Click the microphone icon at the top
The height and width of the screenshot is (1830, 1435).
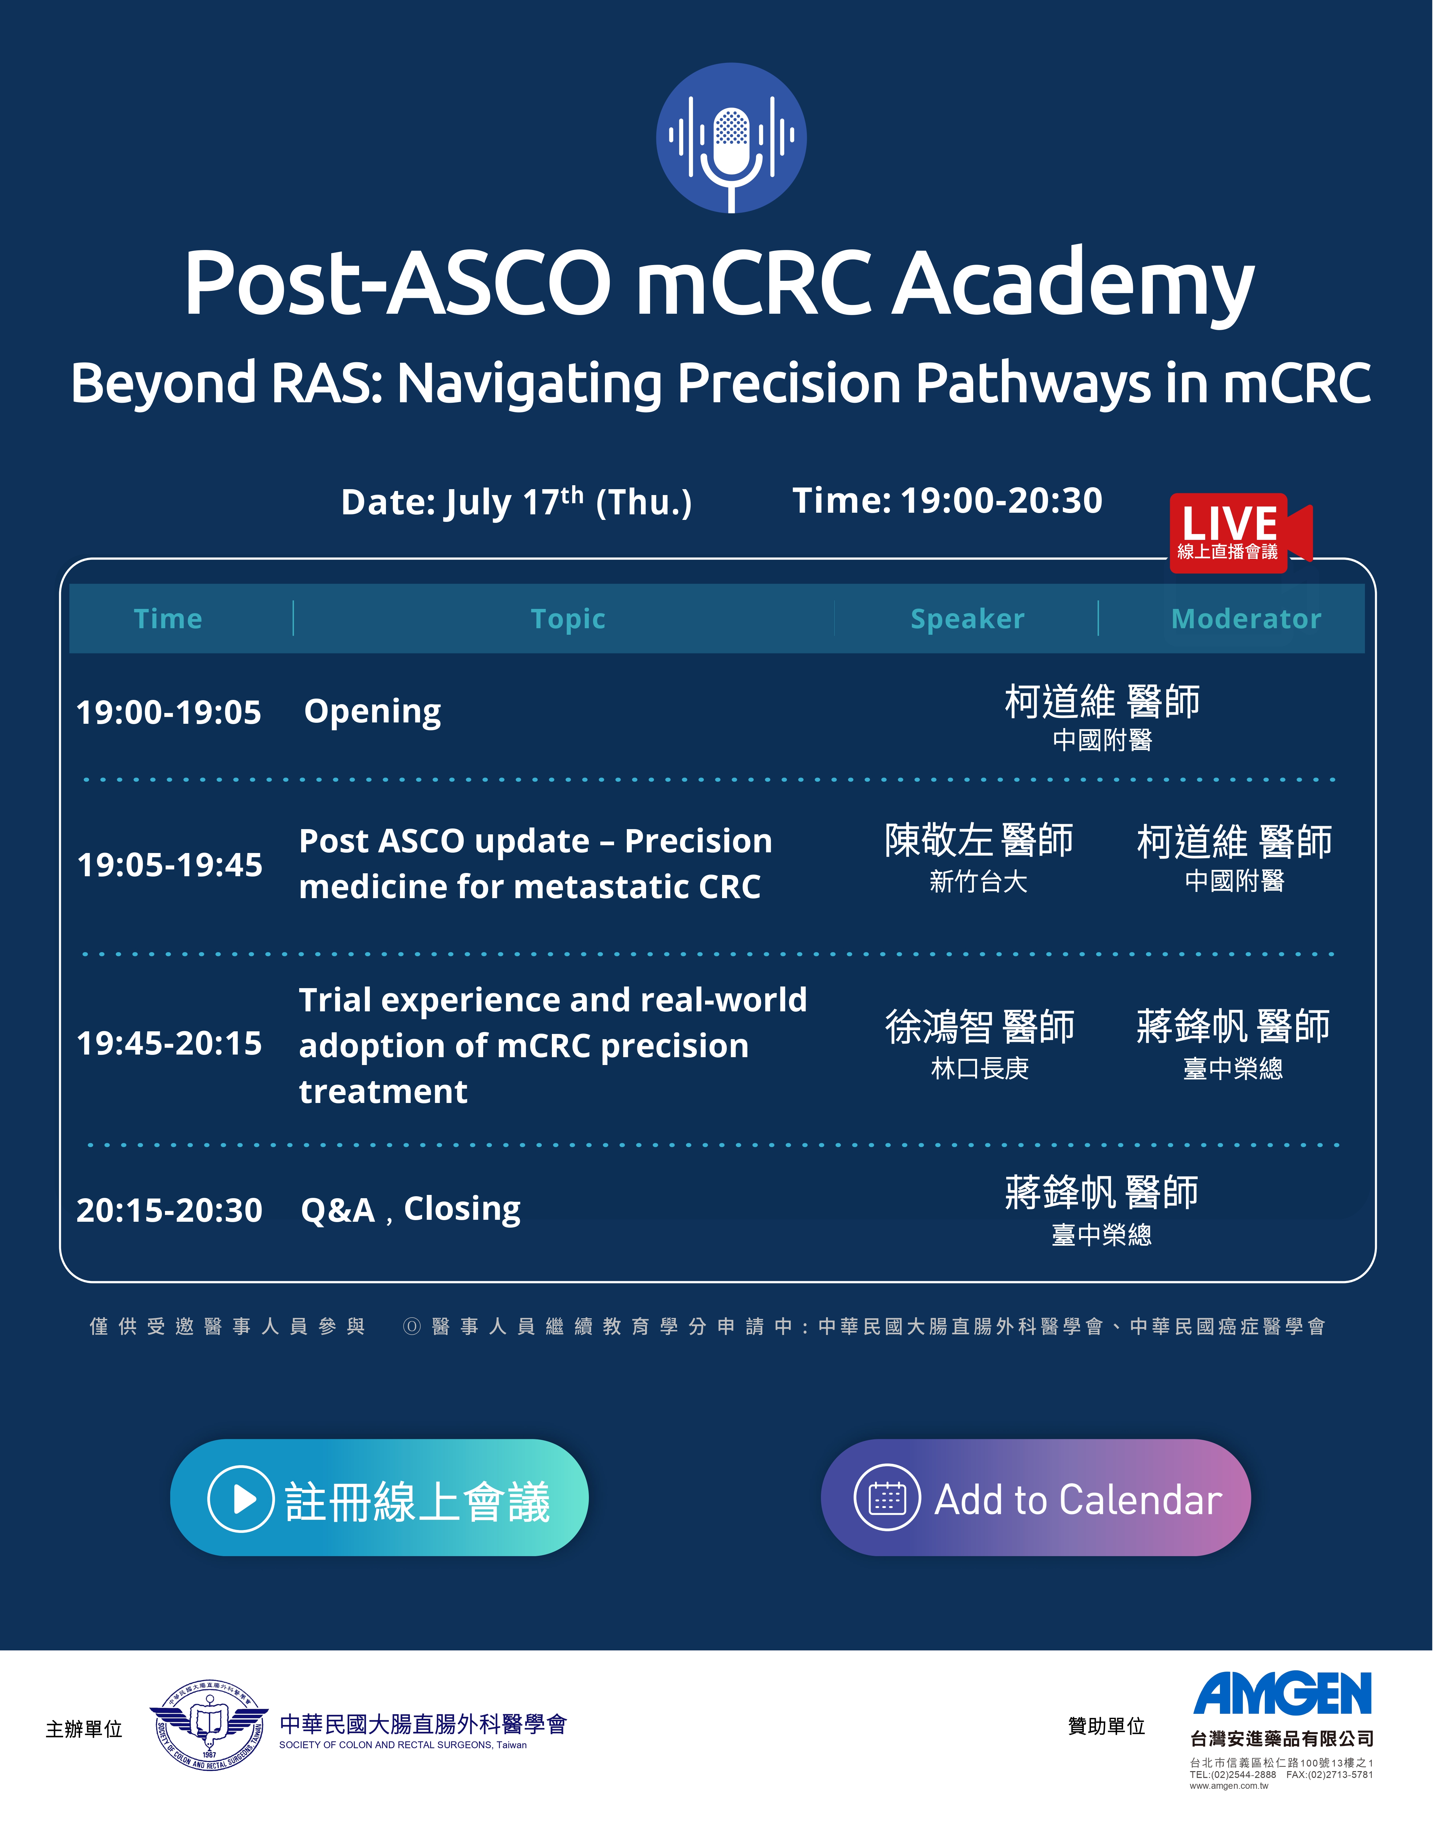point(731,138)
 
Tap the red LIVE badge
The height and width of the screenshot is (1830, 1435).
point(1240,532)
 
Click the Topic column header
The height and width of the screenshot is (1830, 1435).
point(568,619)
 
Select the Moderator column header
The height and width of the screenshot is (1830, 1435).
point(1246,619)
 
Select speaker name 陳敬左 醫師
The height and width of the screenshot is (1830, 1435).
point(979,841)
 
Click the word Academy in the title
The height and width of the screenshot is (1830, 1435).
point(1073,284)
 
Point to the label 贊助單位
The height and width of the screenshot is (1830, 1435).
point(1106,1726)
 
